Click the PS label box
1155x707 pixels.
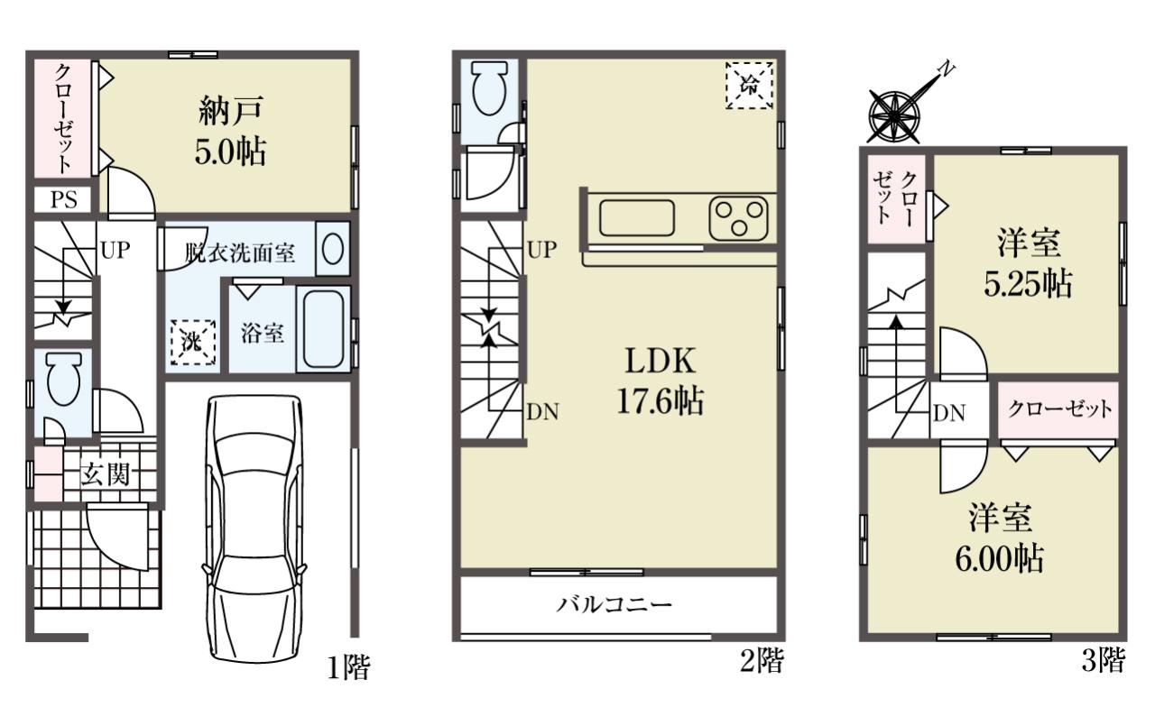point(63,199)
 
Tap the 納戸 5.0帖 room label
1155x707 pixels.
point(230,131)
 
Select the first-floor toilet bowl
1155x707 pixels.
point(64,378)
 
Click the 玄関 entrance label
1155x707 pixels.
point(105,474)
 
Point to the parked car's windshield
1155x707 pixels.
point(252,447)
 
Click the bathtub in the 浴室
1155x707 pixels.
point(323,329)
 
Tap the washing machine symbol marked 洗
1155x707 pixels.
point(192,342)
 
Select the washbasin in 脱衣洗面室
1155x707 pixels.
point(333,250)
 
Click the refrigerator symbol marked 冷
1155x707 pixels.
point(749,85)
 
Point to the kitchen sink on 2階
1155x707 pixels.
point(637,218)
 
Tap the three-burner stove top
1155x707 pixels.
point(739,218)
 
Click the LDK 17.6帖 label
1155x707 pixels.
point(661,381)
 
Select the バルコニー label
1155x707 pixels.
point(614,604)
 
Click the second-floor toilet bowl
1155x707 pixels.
point(489,88)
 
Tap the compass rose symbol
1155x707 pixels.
point(894,117)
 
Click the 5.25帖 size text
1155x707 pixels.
point(1028,284)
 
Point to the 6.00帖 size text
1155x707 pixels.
point(999,558)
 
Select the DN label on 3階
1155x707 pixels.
point(949,413)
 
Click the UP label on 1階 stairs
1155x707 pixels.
point(115,251)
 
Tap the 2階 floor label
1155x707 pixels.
point(762,661)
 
